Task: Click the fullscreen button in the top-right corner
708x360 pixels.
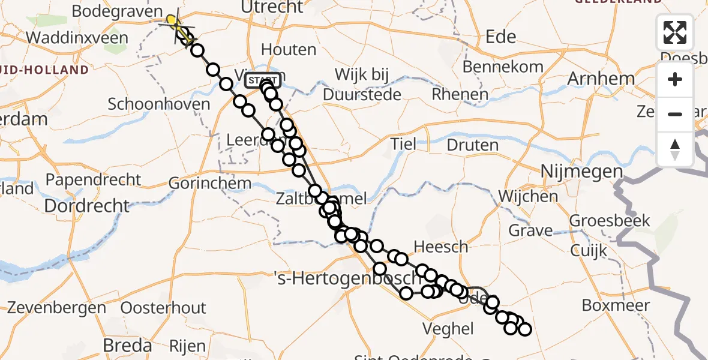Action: tap(675, 32)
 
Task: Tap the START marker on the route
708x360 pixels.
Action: tap(262, 80)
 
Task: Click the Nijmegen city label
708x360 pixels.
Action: tap(582, 172)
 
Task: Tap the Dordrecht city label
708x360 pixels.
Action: tap(87, 206)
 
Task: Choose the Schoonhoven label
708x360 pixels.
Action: tap(159, 104)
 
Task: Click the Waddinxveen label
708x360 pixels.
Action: tap(77, 38)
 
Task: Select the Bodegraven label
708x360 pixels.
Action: tap(117, 11)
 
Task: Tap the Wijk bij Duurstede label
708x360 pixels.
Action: tap(362, 85)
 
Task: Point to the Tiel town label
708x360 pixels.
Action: tap(403, 144)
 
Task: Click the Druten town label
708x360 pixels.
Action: tap(472, 145)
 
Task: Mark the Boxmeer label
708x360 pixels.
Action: tap(616, 305)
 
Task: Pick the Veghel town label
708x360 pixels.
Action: tap(448, 329)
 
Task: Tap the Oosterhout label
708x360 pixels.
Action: tap(163, 308)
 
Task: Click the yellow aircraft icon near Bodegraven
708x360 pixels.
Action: tap(173, 22)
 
